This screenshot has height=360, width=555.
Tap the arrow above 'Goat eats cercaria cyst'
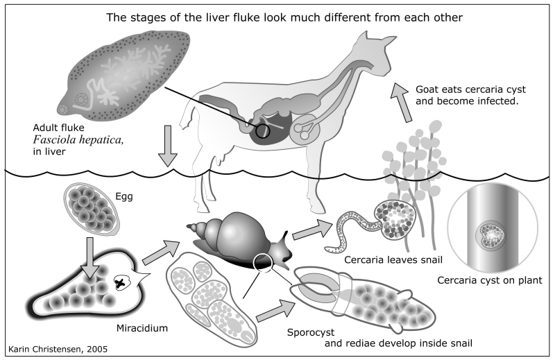coord(401,99)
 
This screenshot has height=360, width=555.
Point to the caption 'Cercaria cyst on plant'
coord(489,280)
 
